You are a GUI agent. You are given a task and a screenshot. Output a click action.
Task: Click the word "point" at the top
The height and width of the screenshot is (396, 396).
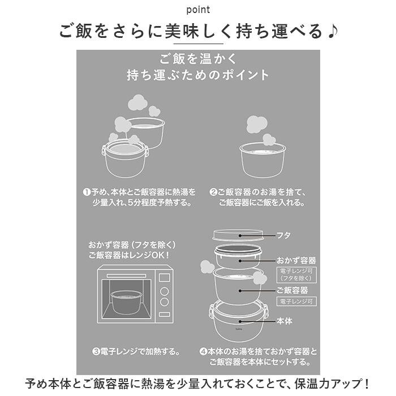(197, 10)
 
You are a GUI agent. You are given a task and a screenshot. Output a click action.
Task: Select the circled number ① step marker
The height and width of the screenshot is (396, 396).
(87, 192)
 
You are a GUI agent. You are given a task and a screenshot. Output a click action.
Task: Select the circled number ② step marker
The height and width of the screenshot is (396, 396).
(213, 192)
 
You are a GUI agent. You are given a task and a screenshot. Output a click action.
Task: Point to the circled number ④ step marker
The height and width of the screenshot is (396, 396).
(203, 351)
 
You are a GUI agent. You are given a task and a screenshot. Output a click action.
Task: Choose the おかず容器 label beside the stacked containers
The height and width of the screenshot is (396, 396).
(296, 260)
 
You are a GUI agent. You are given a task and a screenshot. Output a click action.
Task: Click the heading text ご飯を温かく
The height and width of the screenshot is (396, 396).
(197, 58)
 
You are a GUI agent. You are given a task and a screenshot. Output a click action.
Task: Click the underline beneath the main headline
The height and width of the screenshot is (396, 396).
(197, 44)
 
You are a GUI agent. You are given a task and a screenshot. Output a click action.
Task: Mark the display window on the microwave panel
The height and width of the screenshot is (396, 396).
(165, 277)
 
